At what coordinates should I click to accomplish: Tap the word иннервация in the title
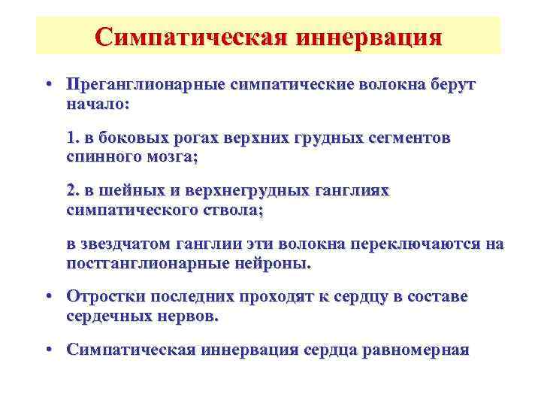[367, 37]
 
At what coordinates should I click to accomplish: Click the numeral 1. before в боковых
[73, 138]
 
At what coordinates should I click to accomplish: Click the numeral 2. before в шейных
[73, 191]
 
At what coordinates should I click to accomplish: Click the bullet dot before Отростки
[47, 297]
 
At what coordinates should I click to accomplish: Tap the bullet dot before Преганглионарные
[47, 86]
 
